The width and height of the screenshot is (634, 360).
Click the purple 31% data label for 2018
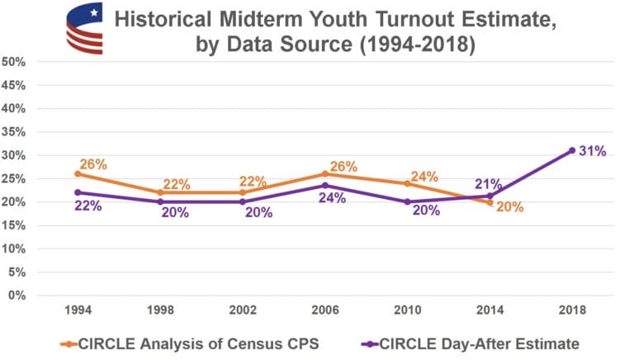point(594,151)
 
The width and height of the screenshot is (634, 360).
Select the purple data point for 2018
point(571,150)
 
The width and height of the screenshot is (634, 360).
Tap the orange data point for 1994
point(77,173)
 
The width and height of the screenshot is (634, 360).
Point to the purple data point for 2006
point(324,185)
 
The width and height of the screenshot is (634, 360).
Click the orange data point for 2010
point(407,183)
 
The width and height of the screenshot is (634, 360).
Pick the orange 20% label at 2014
point(509,207)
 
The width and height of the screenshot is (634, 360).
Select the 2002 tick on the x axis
point(242,310)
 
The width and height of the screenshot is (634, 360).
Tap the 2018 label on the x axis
point(571,310)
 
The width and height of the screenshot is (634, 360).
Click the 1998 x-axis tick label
point(159,310)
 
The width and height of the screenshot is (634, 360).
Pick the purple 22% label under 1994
point(88,206)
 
